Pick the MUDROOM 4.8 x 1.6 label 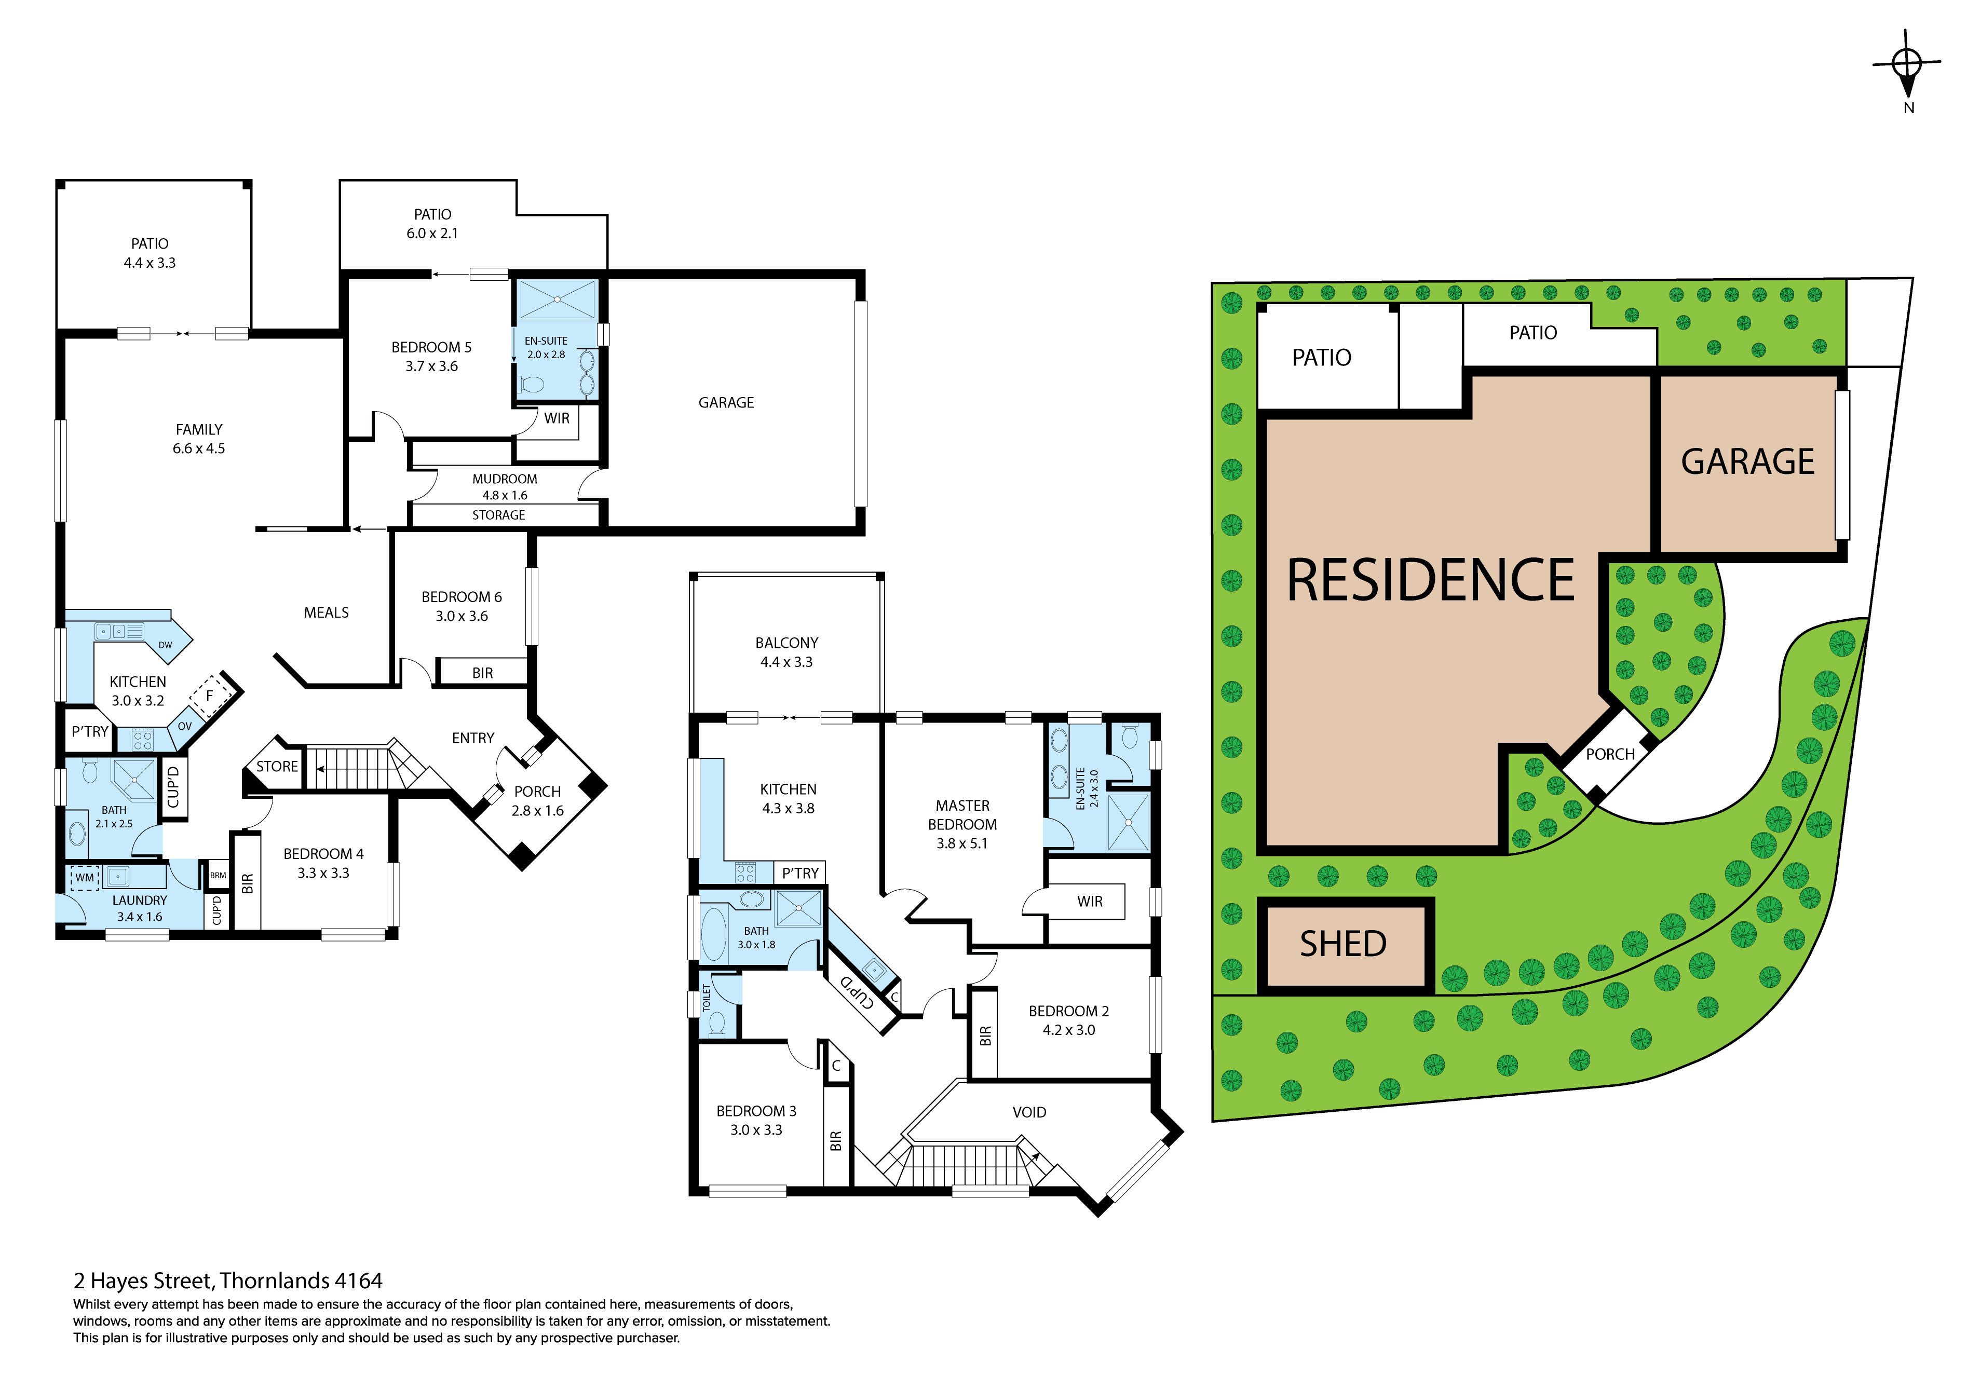(x=505, y=486)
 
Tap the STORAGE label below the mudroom (x=498, y=515)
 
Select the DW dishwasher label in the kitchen (x=166, y=645)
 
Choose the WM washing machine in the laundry (x=85, y=877)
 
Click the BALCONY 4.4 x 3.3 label (x=786, y=652)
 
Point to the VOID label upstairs (x=1029, y=1112)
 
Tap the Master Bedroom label (x=962, y=824)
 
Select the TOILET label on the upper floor (x=707, y=997)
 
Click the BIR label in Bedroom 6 (x=482, y=673)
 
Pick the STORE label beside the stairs (x=277, y=767)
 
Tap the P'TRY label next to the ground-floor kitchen (x=90, y=731)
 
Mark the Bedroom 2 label (x=1068, y=1020)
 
